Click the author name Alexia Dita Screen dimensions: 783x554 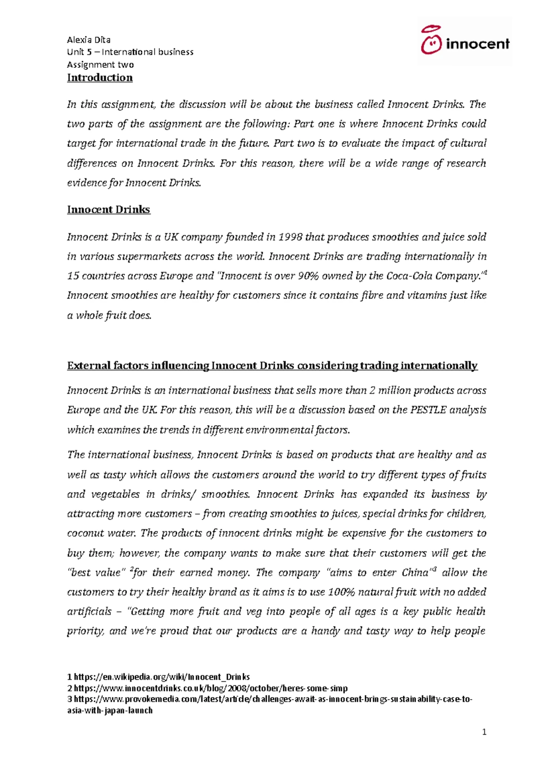tap(89, 40)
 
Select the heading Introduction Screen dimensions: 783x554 tap(100, 77)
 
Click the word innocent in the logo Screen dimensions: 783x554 tap(477, 44)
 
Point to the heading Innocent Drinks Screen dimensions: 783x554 tap(108, 210)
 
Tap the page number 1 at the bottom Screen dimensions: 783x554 tap(484, 732)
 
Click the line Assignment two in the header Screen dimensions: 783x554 tap(100, 65)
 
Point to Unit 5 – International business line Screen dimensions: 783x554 tap(130, 52)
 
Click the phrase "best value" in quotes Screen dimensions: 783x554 tap(96, 573)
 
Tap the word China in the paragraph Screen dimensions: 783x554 tap(415, 573)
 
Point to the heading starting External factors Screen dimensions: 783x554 tap(272, 366)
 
